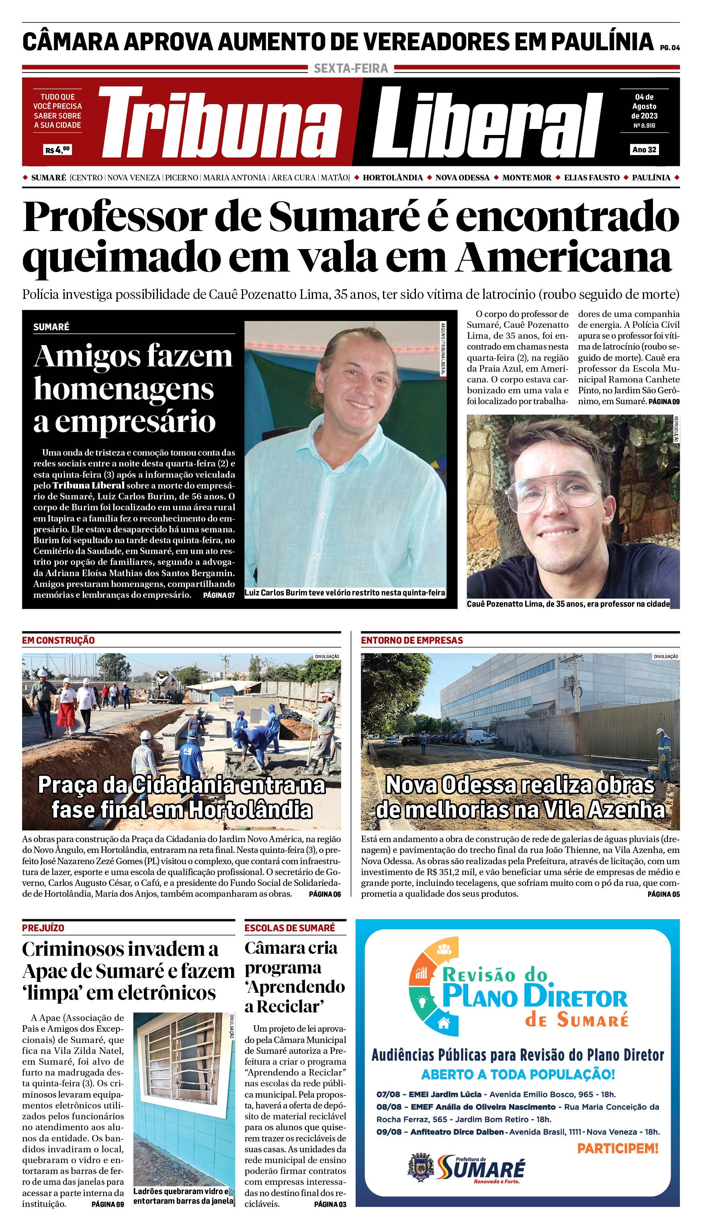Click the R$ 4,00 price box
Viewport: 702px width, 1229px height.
(57, 149)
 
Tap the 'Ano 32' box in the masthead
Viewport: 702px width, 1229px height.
(644, 149)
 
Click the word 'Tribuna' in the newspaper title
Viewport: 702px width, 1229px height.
(219, 123)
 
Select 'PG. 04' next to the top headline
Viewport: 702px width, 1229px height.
(670, 48)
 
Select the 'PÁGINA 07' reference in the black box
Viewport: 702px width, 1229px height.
(219, 595)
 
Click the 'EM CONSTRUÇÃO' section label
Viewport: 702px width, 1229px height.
(58, 640)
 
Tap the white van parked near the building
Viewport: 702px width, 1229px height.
(482, 737)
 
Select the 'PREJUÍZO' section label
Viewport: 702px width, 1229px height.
(43, 928)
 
